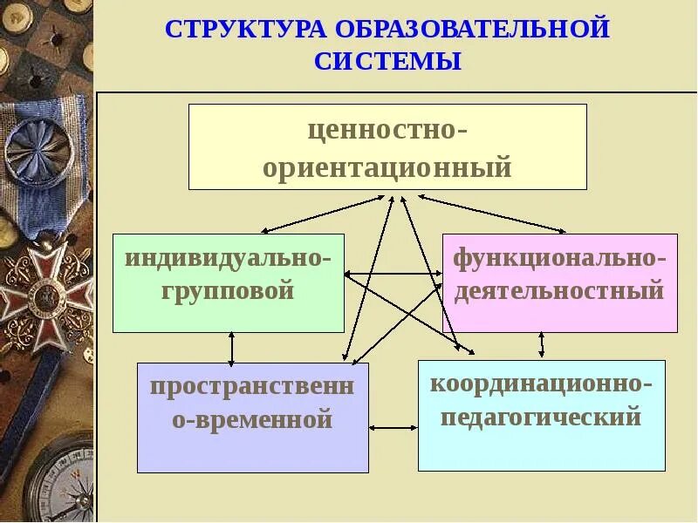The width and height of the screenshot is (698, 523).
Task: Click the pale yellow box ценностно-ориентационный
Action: click(387, 146)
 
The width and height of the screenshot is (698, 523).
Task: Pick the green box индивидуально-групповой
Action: click(228, 282)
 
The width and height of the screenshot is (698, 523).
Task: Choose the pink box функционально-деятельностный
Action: click(559, 282)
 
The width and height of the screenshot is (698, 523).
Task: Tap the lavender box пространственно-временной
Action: click(252, 418)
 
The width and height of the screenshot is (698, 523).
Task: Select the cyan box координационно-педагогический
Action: click(541, 415)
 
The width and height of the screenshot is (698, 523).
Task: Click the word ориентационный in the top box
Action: click(387, 166)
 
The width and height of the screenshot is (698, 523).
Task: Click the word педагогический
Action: click(541, 416)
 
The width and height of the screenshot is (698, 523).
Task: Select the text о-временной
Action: click(252, 420)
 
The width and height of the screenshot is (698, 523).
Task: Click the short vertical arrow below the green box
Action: click(231, 348)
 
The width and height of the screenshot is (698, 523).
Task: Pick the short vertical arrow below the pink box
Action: click(541, 345)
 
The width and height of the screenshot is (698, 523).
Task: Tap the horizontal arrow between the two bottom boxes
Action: click(393, 428)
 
